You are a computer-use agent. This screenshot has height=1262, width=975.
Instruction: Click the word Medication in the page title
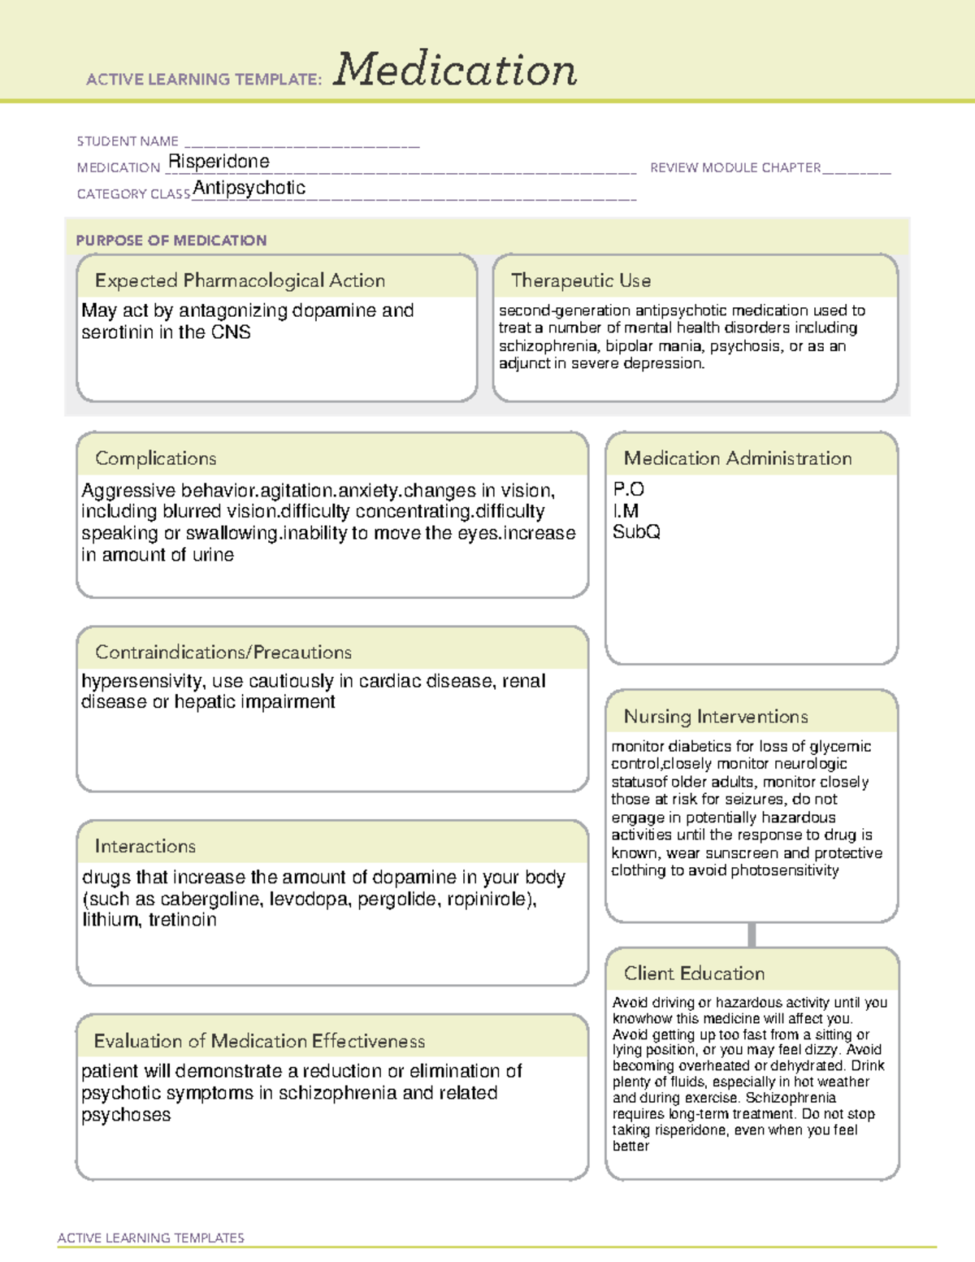pyautogui.click(x=455, y=70)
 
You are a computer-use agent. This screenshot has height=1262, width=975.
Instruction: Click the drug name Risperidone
pyautogui.click(x=219, y=162)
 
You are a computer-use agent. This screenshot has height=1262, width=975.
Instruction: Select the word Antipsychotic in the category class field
pyautogui.click(x=249, y=189)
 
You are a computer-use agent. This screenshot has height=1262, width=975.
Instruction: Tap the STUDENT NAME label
pyautogui.click(x=128, y=141)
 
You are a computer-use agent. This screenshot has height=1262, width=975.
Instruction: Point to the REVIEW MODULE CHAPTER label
pyautogui.click(x=735, y=167)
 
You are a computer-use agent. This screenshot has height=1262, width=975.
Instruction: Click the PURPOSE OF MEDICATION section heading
pyautogui.click(x=171, y=241)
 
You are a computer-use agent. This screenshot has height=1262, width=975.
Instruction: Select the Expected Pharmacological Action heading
pyautogui.click(x=240, y=281)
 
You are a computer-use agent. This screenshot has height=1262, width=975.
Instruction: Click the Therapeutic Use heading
pyautogui.click(x=581, y=281)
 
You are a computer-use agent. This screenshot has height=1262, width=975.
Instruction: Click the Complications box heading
pyautogui.click(x=156, y=458)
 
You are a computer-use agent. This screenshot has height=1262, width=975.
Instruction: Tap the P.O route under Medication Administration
pyautogui.click(x=629, y=489)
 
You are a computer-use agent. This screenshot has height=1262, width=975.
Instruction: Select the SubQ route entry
pyautogui.click(x=636, y=532)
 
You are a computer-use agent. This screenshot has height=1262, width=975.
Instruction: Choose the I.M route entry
pyautogui.click(x=626, y=511)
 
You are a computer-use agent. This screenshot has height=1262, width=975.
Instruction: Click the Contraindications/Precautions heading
pyautogui.click(x=223, y=653)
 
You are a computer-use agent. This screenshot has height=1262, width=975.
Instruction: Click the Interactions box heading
pyautogui.click(x=145, y=847)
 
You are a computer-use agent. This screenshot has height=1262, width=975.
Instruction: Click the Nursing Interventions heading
pyautogui.click(x=716, y=717)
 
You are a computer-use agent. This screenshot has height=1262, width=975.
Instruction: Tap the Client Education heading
pyautogui.click(x=694, y=974)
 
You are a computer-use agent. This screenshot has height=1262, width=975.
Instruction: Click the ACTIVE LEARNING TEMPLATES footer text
pyautogui.click(x=151, y=1238)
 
